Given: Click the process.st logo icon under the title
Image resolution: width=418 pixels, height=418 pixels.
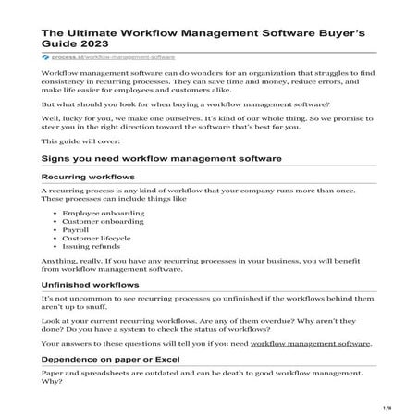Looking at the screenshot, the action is click(x=46, y=56).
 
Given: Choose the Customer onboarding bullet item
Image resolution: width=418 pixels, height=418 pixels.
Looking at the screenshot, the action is click(x=99, y=223).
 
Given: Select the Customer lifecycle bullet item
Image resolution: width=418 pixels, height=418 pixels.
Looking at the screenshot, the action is click(x=95, y=243).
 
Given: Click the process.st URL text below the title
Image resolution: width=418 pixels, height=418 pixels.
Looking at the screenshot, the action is click(x=98, y=56).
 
